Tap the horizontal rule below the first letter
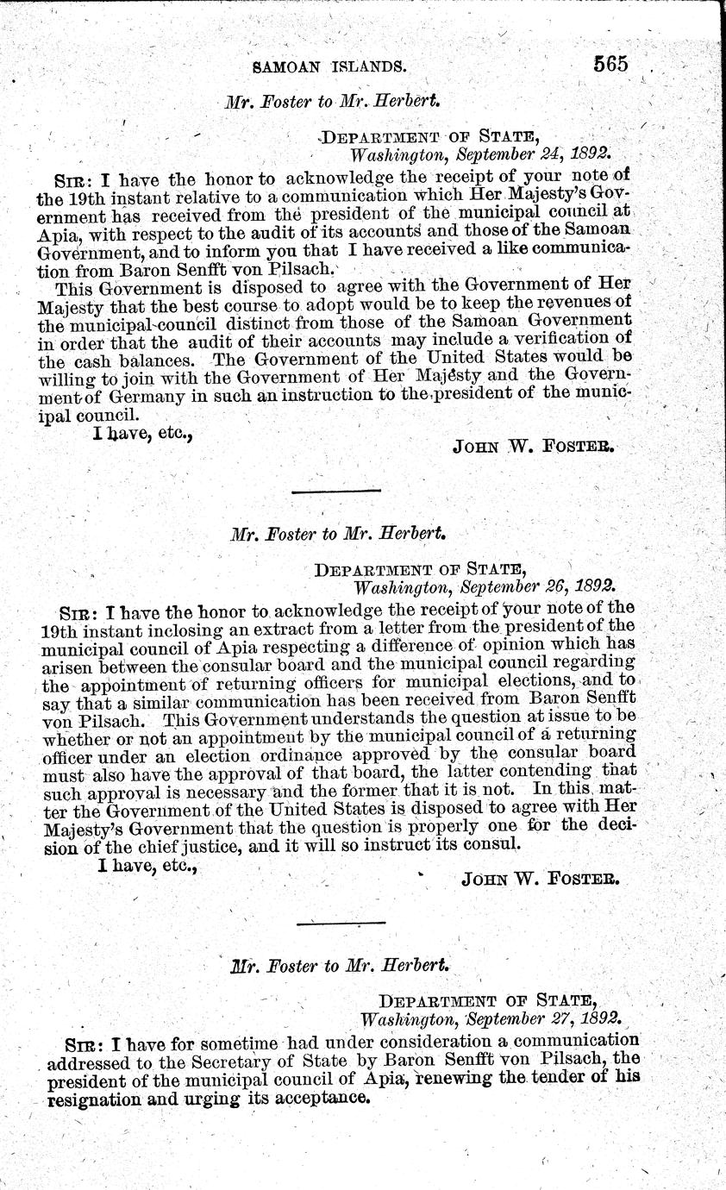click(337, 491)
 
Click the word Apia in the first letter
click(58, 232)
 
